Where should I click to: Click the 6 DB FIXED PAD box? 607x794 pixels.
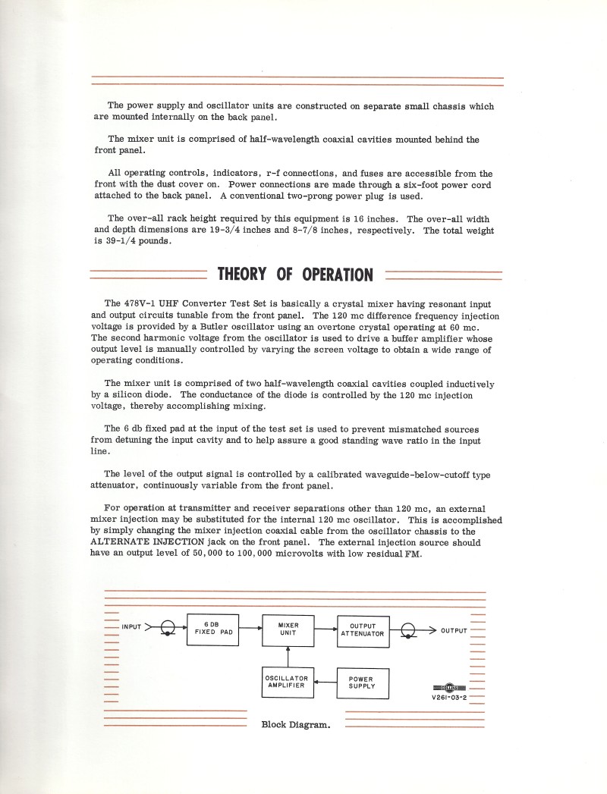coord(212,629)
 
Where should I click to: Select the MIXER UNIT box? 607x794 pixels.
coord(288,629)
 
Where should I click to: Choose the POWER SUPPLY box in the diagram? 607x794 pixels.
coord(363,683)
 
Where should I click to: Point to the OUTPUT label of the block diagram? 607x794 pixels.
coord(454,630)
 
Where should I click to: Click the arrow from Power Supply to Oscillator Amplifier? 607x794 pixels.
coord(326,682)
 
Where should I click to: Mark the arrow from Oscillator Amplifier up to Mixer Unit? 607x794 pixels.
coord(288,656)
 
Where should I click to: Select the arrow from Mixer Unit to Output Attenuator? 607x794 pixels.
coord(326,628)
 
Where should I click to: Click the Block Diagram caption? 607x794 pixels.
coord(296,724)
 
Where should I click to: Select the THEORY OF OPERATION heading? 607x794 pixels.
coord(295,274)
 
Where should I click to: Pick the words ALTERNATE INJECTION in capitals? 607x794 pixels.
coord(149,542)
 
